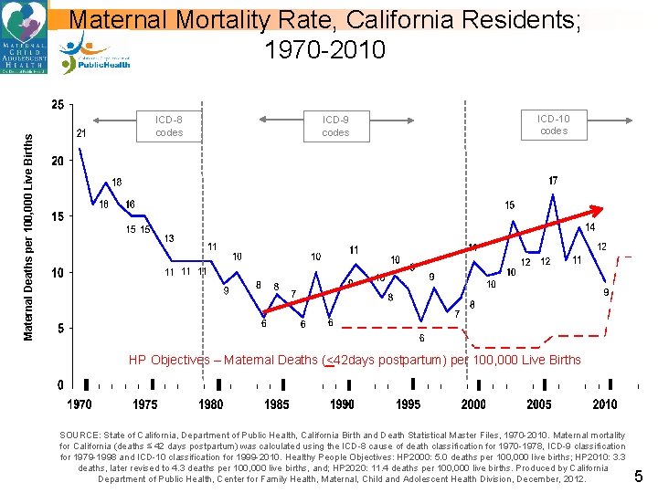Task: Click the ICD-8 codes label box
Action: tap(169, 126)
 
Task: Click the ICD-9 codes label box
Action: tap(335, 126)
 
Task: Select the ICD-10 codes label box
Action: tap(553, 125)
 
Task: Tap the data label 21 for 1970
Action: tap(81, 133)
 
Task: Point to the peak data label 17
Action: tap(553, 181)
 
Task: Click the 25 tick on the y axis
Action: tap(57, 105)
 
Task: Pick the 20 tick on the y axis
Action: tap(57, 162)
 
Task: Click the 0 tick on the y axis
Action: tap(60, 384)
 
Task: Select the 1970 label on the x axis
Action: tap(80, 404)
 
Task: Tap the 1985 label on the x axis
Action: tap(277, 404)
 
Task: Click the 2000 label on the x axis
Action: tap(473, 404)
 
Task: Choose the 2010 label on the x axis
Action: tap(605, 404)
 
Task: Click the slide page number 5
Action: tap(639, 476)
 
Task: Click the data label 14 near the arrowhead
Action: tap(590, 227)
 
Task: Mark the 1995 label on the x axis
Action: tap(409, 404)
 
